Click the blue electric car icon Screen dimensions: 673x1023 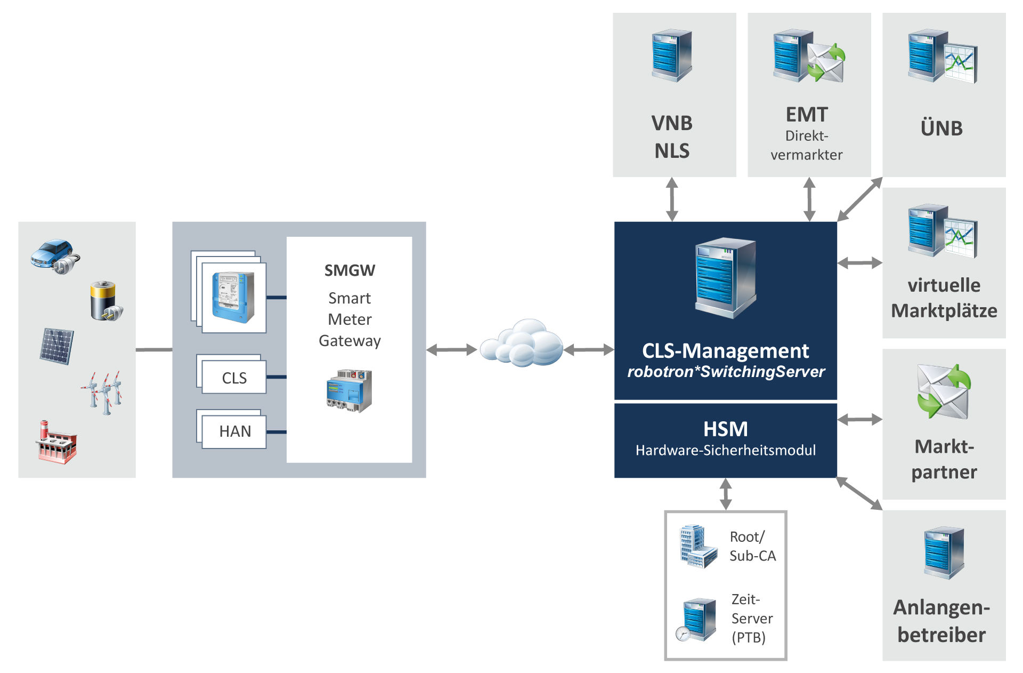[54, 255]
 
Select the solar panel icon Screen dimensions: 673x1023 [57, 346]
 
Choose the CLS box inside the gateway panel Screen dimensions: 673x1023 [234, 378]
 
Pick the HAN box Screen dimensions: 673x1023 [234, 431]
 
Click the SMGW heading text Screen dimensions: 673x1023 [350, 270]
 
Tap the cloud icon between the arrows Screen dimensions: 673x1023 [521, 344]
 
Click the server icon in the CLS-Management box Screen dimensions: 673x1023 [725, 277]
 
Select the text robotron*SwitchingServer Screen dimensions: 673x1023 [726, 372]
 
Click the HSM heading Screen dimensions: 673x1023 [725, 429]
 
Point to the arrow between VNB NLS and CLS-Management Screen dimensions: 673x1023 [672, 199]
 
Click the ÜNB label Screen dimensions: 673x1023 [941, 129]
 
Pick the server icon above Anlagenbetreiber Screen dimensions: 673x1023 [944, 552]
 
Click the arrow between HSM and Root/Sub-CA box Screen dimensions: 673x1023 [726, 494]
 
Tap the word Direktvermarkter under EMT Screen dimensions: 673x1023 [807, 145]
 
